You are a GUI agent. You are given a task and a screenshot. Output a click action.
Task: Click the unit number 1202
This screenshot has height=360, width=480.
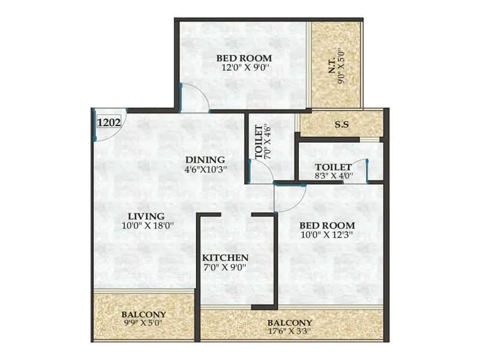coord(110,122)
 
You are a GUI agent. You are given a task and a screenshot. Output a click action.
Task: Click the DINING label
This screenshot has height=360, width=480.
coord(205,160)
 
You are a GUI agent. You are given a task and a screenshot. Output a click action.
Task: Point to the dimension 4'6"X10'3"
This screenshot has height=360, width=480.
coord(205,170)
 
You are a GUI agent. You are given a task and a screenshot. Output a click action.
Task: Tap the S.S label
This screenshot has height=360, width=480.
coord(342,124)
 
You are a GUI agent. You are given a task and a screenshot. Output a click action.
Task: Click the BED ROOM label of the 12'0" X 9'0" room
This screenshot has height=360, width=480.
coord(244,58)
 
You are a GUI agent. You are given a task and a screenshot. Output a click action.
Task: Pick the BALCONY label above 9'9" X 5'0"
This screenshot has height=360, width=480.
coord(143,314)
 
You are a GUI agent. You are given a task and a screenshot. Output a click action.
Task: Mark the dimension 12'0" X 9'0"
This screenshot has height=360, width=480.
coord(244,68)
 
